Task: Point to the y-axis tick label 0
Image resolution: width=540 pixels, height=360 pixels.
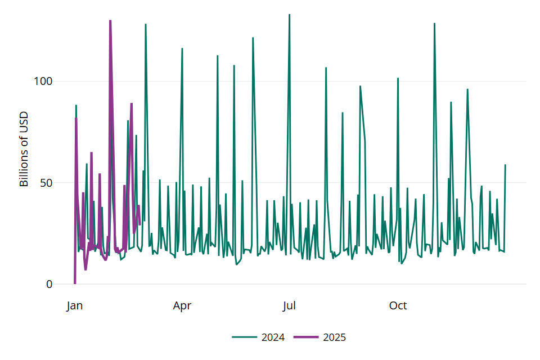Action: click(49, 284)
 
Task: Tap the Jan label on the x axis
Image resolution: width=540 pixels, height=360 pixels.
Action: click(74, 306)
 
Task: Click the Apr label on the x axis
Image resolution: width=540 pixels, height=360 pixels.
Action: click(182, 306)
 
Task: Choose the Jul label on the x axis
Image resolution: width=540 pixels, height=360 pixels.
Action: click(289, 306)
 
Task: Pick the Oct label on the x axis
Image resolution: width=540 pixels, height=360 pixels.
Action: click(398, 306)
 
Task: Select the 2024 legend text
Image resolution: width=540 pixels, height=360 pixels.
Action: click(273, 337)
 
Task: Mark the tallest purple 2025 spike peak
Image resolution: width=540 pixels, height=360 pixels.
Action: click(110, 21)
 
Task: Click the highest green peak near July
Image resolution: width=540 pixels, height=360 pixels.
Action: click(290, 15)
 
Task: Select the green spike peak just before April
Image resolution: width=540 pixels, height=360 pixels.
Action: click(182, 49)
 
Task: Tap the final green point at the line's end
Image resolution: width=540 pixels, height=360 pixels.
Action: click(505, 165)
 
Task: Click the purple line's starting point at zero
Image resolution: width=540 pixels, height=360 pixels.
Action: click(75, 283)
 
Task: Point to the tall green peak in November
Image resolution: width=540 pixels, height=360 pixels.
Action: click(434, 24)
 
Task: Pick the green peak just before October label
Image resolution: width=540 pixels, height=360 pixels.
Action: click(398, 78)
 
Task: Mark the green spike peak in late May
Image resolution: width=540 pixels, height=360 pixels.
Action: click(253, 38)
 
